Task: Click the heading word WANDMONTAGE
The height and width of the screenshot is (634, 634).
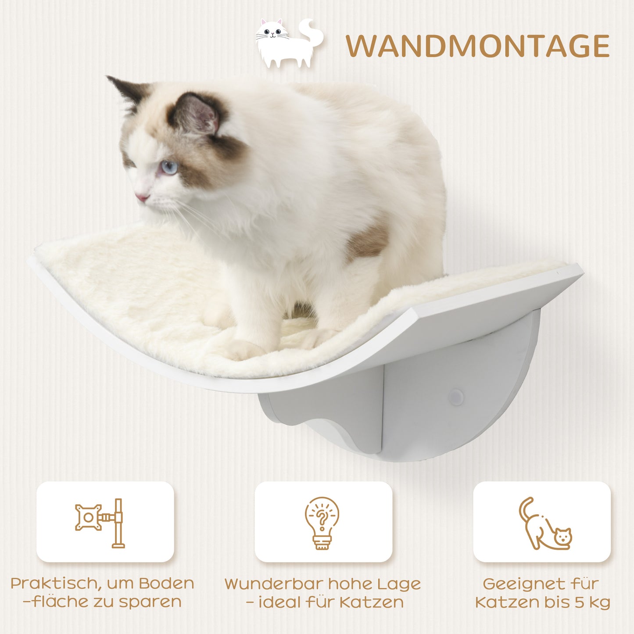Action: [477, 46]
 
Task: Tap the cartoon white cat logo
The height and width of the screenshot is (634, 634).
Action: [287, 44]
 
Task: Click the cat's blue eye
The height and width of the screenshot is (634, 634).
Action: [169, 167]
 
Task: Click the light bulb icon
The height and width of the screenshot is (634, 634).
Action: [322, 522]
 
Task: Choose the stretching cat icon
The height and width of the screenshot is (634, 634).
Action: [544, 524]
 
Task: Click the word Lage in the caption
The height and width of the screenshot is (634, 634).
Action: [399, 585]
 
